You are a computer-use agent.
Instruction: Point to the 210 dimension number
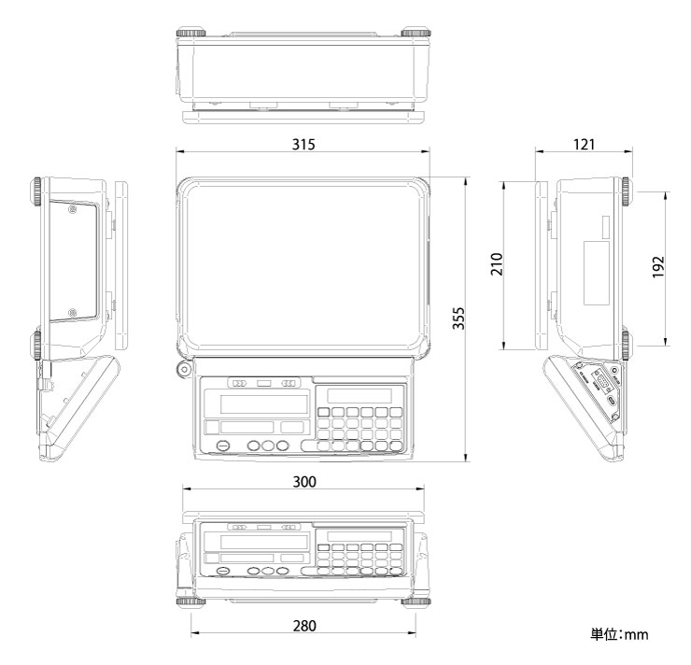[496, 265]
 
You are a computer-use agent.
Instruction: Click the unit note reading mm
[619, 635]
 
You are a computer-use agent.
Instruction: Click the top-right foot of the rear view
[416, 34]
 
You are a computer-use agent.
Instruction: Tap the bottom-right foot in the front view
[416, 601]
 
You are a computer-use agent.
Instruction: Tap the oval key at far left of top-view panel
[222, 446]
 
